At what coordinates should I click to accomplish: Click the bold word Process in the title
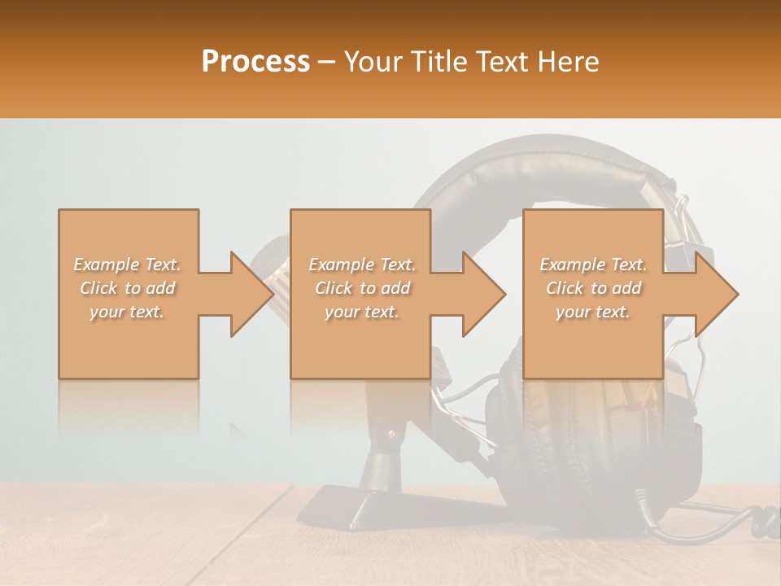(255, 62)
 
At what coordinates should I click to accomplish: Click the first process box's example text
(128, 288)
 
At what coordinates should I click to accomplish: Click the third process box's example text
(593, 288)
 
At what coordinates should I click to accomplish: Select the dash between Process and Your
(327, 62)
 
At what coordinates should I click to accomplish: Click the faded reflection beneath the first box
(128, 407)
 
